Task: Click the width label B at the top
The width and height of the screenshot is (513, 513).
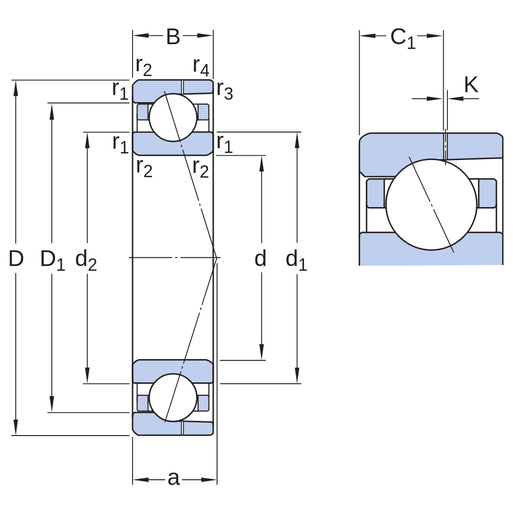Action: [x=173, y=37]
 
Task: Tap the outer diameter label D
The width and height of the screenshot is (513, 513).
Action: [x=16, y=258]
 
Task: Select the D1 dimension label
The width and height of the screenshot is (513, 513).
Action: [x=52, y=260]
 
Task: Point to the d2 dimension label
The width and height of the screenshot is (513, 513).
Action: [x=86, y=260]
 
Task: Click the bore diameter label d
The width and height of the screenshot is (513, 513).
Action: [x=260, y=258]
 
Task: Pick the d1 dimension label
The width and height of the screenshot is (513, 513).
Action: [x=296, y=260]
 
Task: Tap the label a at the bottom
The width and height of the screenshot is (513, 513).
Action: [x=174, y=479]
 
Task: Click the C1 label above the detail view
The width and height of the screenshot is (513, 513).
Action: [x=403, y=38]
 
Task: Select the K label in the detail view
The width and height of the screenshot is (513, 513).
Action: [x=471, y=85]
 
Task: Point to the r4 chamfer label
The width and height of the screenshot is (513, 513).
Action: [x=201, y=66]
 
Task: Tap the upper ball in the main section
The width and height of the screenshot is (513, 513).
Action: [x=173, y=117]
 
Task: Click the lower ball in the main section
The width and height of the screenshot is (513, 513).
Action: [x=173, y=397]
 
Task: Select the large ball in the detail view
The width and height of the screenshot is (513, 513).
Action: [x=431, y=204]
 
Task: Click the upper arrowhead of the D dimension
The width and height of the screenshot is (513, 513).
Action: [x=16, y=88]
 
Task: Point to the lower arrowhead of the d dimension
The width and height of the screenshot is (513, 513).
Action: [x=261, y=352]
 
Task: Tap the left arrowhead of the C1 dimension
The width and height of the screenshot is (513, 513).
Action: [x=368, y=36]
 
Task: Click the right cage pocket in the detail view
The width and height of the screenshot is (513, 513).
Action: [x=487, y=193]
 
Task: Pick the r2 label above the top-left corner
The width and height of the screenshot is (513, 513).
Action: [x=144, y=66]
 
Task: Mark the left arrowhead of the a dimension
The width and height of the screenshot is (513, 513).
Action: [x=141, y=480]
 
